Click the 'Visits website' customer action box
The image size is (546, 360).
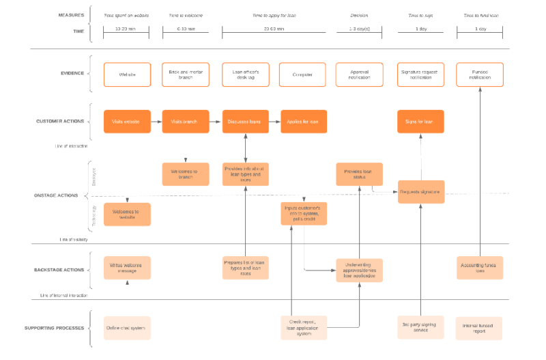click(127, 122)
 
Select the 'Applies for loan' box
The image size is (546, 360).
click(303, 122)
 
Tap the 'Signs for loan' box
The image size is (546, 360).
click(420, 122)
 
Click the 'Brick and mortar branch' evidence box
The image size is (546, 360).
click(186, 74)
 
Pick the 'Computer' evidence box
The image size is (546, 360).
click(303, 74)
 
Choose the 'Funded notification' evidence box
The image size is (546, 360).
click(480, 74)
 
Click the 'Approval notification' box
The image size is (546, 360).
click(359, 74)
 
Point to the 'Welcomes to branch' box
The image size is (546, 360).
click(186, 174)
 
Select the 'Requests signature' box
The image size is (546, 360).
click(421, 192)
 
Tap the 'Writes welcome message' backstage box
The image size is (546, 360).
click(127, 268)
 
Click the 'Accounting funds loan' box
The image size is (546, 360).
click(480, 268)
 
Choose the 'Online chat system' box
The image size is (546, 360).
click(127, 328)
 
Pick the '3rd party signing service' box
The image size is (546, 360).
click(421, 328)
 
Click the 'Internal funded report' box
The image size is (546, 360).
click(479, 328)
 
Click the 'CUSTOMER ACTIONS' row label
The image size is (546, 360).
click(60, 122)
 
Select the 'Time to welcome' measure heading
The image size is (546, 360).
click(186, 15)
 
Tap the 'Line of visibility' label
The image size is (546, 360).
click(74, 240)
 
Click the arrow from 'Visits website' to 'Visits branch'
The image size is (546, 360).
click(156, 122)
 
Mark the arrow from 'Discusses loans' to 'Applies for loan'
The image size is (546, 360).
click(274, 122)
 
